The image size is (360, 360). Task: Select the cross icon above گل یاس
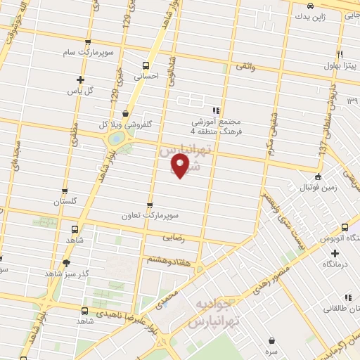click(x=80, y=79)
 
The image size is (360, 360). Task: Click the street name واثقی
click(x=245, y=65)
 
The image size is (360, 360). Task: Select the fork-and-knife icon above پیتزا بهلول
click(x=340, y=53)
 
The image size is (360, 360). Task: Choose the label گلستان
click(x=65, y=202)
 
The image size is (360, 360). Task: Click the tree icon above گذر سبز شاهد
click(x=67, y=263)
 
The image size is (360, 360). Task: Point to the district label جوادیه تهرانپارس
click(x=211, y=313)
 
